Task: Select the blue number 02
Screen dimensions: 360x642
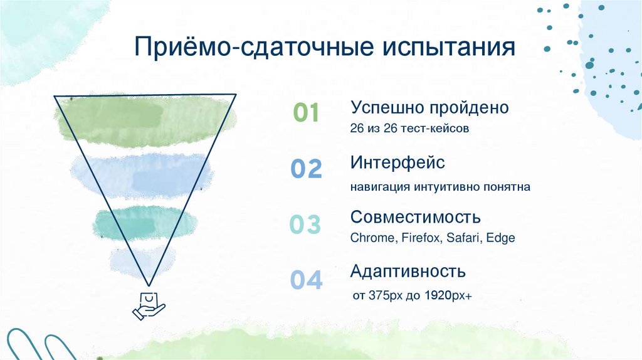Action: point(307,169)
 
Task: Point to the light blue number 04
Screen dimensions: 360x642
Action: point(306,280)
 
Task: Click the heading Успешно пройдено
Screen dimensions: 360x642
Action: point(429,107)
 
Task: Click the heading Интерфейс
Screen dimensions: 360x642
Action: point(397,162)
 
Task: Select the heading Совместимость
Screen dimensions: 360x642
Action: point(416,217)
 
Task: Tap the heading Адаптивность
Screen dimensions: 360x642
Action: point(408,272)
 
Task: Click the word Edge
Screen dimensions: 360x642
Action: point(503,238)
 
